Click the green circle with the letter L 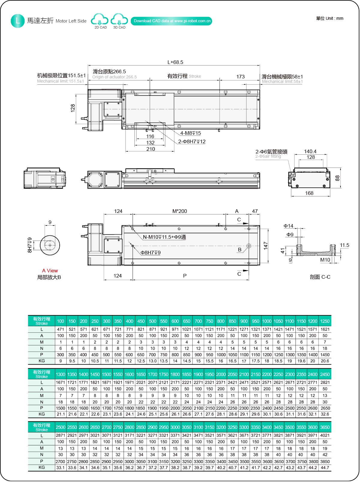click(17, 21)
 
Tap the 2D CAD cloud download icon click(100, 20)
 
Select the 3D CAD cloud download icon click(119, 20)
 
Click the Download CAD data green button click(171, 21)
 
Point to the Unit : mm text click(330, 18)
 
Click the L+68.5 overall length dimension click(175, 62)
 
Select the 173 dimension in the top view click(240, 77)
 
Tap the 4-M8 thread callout click(190, 133)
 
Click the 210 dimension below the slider click(151, 149)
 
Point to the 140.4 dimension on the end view click(310, 151)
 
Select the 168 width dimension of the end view click(309, 193)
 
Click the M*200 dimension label click(179, 211)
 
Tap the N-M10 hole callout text click(164, 237)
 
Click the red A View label click(50, 271)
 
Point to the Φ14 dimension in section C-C click(288, 226)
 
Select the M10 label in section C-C click(325, 260)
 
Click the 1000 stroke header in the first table click(267, 321)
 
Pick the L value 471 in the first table click(61, 329)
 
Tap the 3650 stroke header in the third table click(325, 427)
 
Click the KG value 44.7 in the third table click(325, 468)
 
